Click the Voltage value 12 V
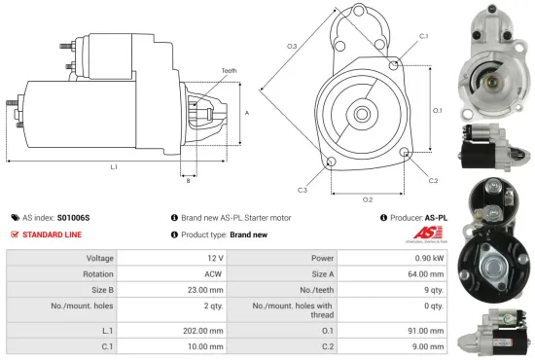pos(216,258)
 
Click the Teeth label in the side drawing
pos(229,71)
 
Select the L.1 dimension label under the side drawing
pos(114,167)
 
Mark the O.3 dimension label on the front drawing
pos(292,46)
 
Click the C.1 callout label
pos(423,36)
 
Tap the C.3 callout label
pos(303,189)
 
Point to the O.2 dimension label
pos(368,199)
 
